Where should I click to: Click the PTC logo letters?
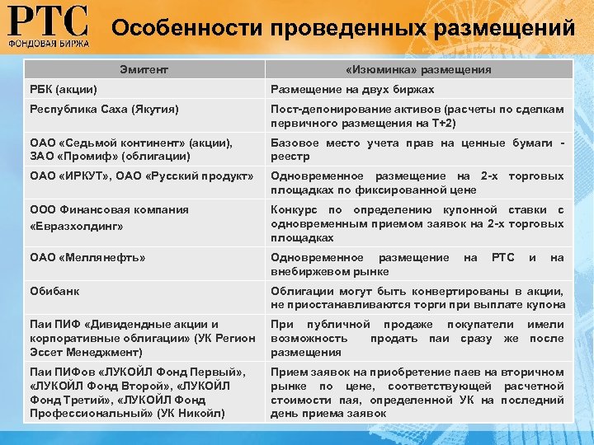[47, 20]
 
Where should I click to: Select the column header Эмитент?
[143, 70]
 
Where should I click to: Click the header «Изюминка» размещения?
[418, 70]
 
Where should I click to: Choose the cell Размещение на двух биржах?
[352, 89]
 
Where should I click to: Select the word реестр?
[290, 156]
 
